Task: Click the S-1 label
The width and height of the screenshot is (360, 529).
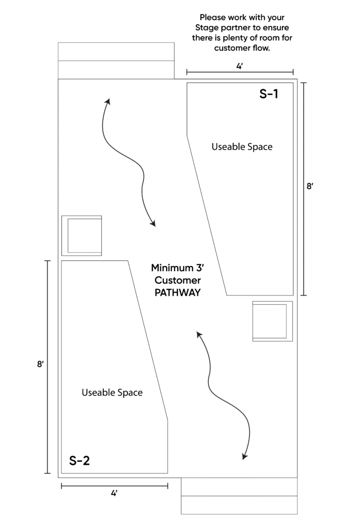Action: pos(269,95)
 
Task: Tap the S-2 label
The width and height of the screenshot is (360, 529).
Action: pos(80,460)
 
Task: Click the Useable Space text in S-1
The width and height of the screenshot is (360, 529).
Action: pos(242,147)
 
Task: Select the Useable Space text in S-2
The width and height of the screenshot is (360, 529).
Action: pos(112,393)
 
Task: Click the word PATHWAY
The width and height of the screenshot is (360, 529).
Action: pos(176,292)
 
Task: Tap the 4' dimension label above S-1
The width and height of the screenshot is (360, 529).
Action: pos(240,66)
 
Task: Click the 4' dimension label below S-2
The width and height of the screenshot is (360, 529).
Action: pos(114,493)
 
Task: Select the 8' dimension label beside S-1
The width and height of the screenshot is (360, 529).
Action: pos(310,187)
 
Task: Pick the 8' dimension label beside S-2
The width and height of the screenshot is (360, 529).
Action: pos(40,365)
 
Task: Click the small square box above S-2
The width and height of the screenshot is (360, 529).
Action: pos(82,236)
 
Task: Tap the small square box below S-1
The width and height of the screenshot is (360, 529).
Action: pos(272,321)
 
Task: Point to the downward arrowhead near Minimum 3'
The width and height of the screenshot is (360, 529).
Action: pos(153,224)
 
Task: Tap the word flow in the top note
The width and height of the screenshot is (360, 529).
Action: pos(261,49)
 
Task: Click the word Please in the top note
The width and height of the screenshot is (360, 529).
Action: pos(213,17)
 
